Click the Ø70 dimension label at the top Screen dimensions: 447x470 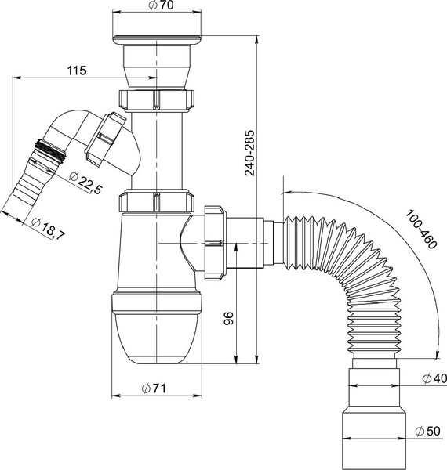pos(161,5)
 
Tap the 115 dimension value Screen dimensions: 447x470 pos(77,70)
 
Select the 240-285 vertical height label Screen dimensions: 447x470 pos(249,153)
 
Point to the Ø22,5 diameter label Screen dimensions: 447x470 pos(85,183)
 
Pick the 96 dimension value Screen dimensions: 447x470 pos(229,318)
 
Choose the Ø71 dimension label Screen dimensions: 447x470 pos(154,389)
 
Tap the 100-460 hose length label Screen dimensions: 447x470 pos(421,230)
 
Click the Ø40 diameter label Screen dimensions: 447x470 pos(434,378)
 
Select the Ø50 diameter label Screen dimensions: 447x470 pos(428,432)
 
